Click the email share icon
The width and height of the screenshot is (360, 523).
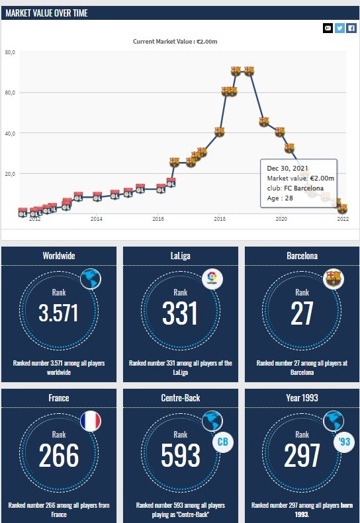coord(328,28)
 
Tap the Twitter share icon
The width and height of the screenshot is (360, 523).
coord(339,28)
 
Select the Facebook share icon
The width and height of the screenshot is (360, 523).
coord(351,28)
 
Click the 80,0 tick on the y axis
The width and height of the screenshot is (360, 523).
coord(10,52)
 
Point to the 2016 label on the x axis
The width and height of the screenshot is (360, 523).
coord(158,219)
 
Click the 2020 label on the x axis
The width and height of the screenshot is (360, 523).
coord(281,219)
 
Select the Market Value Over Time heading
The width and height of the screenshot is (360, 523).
coord(46,13)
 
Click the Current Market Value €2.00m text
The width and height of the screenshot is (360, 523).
coord(175,42)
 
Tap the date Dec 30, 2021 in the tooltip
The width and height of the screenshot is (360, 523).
coord(287,168)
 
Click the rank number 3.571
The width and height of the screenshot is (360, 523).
coord(58,313)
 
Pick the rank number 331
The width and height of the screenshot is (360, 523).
coord(180,313)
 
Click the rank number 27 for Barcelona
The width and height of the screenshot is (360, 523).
coord(302,313)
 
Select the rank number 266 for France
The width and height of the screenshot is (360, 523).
coord(59,456)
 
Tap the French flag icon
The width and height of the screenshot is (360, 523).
coord(91,421)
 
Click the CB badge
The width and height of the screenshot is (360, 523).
coord(223,442)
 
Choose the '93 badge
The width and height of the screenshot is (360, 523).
coord(344,442)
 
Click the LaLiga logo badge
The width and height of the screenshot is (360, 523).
coord(212,278)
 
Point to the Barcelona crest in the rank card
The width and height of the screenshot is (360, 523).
coord(334,278)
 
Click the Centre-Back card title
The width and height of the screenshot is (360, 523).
coord(181,398)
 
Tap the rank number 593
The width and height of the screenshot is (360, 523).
coord(181,456)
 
